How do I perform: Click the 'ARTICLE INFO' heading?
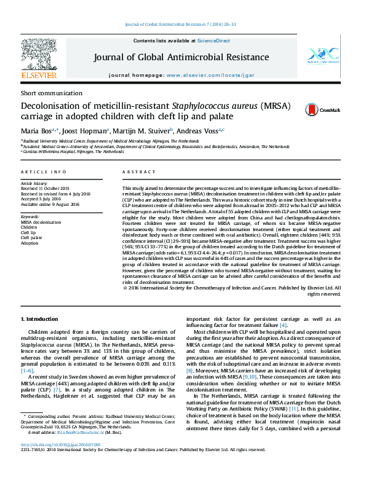click(44, 172)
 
